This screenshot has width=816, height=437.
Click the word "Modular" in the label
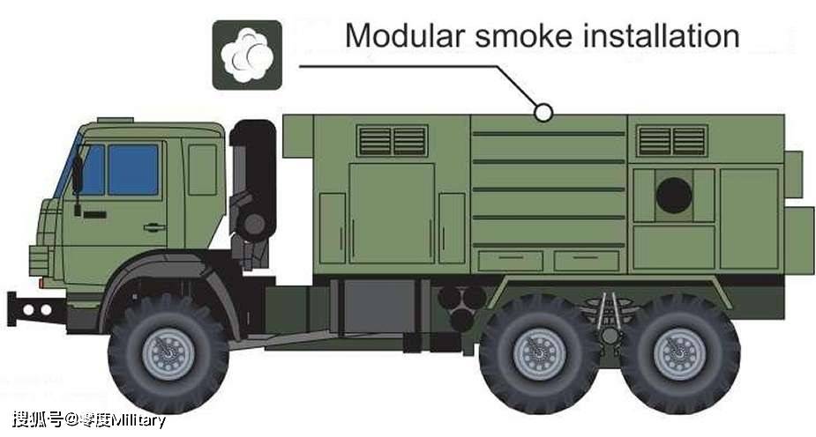(405, 36)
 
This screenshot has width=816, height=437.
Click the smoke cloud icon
(247, 56)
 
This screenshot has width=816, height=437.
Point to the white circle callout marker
(543, 112)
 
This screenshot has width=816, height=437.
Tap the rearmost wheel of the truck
(679, 354)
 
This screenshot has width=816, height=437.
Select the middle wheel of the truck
(539, 354)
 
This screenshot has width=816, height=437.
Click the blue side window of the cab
(133, 169)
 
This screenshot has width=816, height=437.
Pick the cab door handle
(154, 227)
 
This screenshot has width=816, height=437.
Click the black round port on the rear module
(674, 196)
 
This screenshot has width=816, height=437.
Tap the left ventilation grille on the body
(393, 141)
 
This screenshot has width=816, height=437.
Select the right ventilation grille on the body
(672, 141)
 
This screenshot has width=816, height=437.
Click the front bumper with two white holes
(36, 310)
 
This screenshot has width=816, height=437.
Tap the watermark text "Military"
(138, 420)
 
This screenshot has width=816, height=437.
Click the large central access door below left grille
(392, 213)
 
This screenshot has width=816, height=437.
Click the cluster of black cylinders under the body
(461, 307)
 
